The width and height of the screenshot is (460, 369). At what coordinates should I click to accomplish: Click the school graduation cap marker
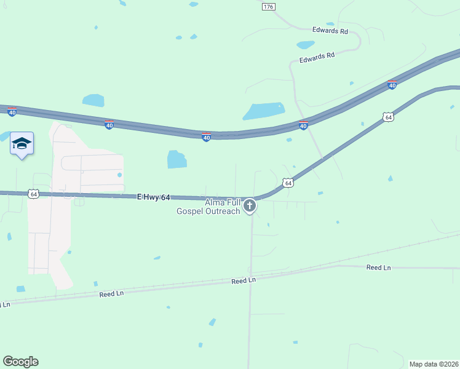tap(22, 143)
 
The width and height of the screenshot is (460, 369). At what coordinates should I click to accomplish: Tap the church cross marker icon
tap(250, 205)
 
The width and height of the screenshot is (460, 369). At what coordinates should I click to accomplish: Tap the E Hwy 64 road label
tap(153, 197)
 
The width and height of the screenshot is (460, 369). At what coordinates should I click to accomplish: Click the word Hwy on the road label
tap(153, 197)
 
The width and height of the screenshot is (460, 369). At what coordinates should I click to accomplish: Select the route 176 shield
tap(268, 7)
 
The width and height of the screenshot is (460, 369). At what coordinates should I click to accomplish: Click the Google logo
tap(20, 362)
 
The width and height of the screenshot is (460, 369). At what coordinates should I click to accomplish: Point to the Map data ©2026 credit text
tap(434, 364)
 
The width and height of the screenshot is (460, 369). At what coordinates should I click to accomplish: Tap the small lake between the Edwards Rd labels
tap(306, 45)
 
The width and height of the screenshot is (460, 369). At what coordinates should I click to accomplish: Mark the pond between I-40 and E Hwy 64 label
tap(176, 159)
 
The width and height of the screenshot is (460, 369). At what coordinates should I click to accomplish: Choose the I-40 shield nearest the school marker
tap(12, 111)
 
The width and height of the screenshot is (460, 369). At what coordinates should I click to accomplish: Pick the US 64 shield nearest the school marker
tap(34, 194)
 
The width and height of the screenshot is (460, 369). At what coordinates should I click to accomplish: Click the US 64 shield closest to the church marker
tap(288, 183)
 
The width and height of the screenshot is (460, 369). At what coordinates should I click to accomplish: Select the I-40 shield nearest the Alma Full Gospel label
tap(207, 137)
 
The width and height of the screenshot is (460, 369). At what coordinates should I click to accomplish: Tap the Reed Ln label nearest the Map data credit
tap(379, 268)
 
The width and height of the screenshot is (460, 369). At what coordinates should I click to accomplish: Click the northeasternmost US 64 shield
tap(387, 116)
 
